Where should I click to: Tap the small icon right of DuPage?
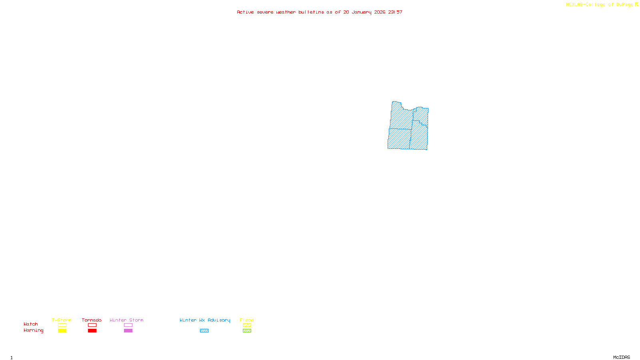636,4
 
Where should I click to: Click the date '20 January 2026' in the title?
364,12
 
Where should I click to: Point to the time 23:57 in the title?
395,12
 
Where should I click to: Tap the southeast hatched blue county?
419,138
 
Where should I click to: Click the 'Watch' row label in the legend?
31,324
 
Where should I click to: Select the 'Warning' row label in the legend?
33,330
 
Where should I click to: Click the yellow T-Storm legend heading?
62,320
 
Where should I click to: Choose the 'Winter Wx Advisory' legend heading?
205,320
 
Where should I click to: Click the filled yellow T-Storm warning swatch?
62,331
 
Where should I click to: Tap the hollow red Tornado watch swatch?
92,325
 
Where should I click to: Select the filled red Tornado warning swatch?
92,331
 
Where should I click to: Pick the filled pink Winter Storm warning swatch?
128,331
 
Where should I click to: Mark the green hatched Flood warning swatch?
247,331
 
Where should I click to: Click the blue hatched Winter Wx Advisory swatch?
204,331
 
